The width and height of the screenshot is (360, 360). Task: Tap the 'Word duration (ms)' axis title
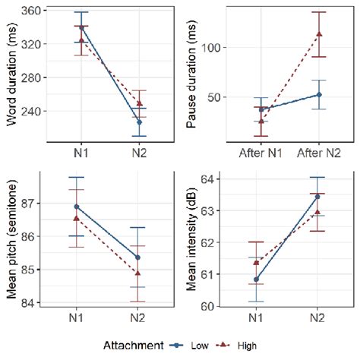10,74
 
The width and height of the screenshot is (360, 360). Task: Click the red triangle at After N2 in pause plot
319,34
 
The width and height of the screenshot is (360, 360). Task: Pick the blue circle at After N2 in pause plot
319,95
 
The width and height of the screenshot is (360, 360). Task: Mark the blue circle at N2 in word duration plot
139,122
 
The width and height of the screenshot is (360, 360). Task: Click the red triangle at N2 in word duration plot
139,103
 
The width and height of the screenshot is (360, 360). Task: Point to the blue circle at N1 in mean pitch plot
76,207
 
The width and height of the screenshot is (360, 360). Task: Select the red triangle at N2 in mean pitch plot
139,273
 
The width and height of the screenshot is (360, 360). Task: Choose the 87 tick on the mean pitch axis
33,204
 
